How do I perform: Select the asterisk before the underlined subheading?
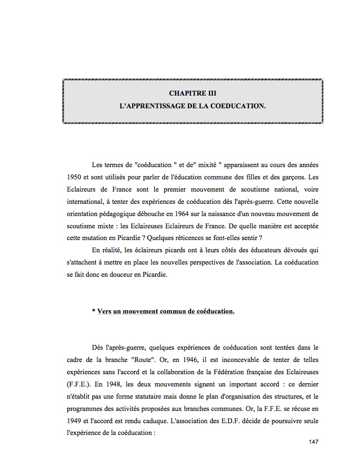click(94, 311)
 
